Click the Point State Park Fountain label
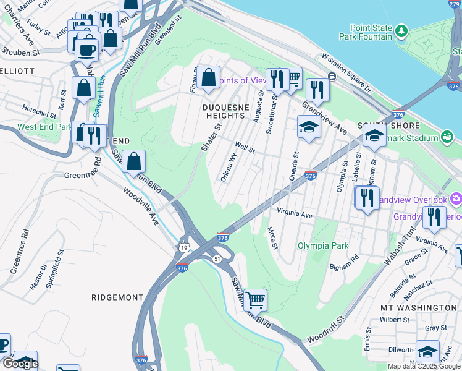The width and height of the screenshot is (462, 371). coord(371,32)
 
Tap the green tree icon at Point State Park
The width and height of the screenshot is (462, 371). coord(401,30)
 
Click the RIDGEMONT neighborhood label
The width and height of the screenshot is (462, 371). coord(117,297)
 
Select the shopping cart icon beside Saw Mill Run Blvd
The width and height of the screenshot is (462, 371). coord(255,300)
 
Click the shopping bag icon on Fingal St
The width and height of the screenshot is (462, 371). coord(209,77)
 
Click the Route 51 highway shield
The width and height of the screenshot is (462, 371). coord(217,258)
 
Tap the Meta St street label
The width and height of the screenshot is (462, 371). coord(272,237)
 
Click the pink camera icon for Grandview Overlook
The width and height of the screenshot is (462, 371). coord(456,198)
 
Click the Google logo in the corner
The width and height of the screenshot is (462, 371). coord(20,364)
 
